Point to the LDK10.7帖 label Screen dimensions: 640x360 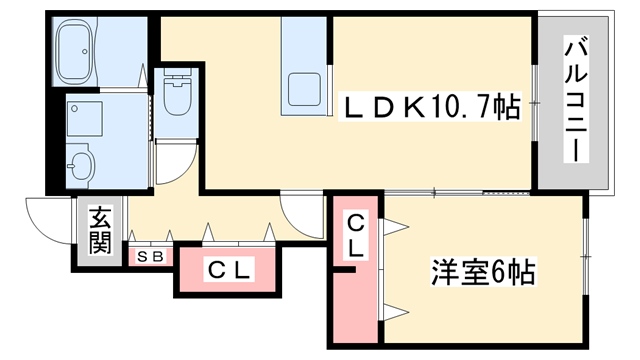click(x=433, y=106)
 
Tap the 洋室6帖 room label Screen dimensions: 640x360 click(x=482, y=271)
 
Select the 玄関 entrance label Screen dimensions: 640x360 click(x=99, y=231)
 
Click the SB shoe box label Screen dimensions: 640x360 click(x=150, y=256)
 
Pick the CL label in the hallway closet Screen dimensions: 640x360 click(x=230, y=269)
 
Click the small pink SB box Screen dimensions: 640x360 click(x=150, y=256)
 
